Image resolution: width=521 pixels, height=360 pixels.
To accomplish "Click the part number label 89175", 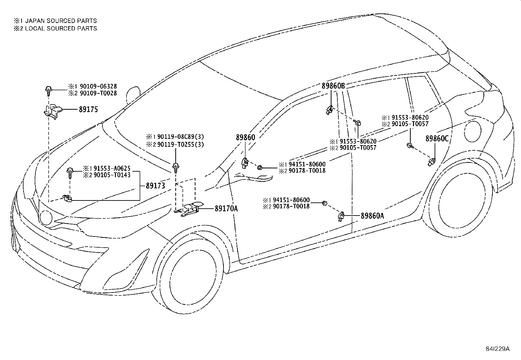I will [x=88, y=109].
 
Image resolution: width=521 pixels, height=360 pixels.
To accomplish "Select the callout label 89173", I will [x=155, y=186].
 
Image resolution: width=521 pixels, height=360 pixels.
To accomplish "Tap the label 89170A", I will [x=226, y=208].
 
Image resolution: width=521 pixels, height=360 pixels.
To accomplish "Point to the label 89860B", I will [x=333, y=86].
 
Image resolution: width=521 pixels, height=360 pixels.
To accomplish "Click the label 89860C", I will [x=437, y=139].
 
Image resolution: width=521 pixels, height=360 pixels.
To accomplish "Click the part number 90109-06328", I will [x=97, y=86].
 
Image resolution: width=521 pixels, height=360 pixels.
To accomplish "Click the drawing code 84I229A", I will [x=498, y=349].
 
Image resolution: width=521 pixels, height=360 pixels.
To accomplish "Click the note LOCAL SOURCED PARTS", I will [x=61, y=28].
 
